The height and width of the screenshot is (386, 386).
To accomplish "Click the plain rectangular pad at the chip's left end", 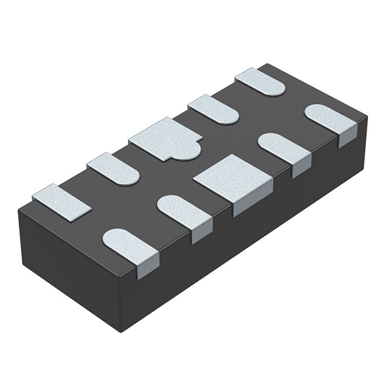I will (x=61, y=201).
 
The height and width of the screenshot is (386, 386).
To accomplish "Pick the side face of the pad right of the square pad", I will (x=300, y=169).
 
